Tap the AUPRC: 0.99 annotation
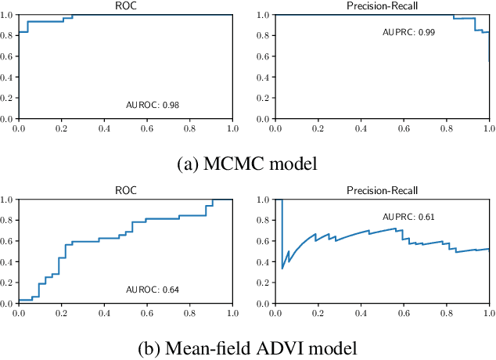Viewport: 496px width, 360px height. (x=408, y=32)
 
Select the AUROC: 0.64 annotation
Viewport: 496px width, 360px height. (x=153, y=290)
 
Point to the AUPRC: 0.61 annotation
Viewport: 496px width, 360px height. (x=408, y=217)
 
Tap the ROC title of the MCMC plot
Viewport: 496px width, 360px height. (x=125, y=5)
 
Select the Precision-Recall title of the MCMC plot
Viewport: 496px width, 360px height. (x=382, y=5)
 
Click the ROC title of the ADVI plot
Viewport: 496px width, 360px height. (x=125, y=190)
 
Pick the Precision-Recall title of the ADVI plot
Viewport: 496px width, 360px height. (x=382, y=190)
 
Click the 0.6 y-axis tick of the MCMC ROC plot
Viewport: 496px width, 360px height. (x=8, y=56)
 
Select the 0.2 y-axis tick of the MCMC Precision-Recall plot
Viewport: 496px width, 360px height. (x=264, y=99)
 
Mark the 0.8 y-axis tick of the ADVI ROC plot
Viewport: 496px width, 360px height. (x=8, y=220)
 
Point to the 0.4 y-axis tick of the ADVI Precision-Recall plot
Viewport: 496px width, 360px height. (x=264, y=262)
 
